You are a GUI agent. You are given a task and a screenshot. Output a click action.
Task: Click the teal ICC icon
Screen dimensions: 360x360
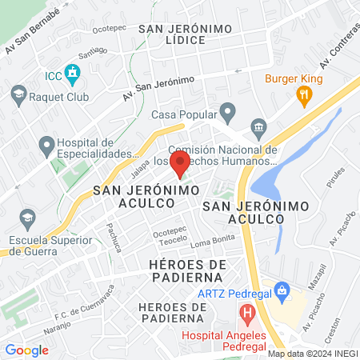pos(73,75)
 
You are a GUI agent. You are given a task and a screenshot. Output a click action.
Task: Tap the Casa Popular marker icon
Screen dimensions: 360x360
pos(228,113)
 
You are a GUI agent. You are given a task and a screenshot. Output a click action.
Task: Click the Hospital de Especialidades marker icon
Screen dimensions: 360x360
pos(45,146)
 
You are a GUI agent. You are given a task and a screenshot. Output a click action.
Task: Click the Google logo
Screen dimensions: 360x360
pos(26,350)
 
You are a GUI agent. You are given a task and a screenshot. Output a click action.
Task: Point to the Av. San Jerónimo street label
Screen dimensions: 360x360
pos(159,90)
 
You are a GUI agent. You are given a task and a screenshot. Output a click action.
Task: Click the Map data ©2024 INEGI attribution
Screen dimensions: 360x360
pos(313,354)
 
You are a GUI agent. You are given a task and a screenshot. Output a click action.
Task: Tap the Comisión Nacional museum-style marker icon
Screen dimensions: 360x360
pos(258,128)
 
